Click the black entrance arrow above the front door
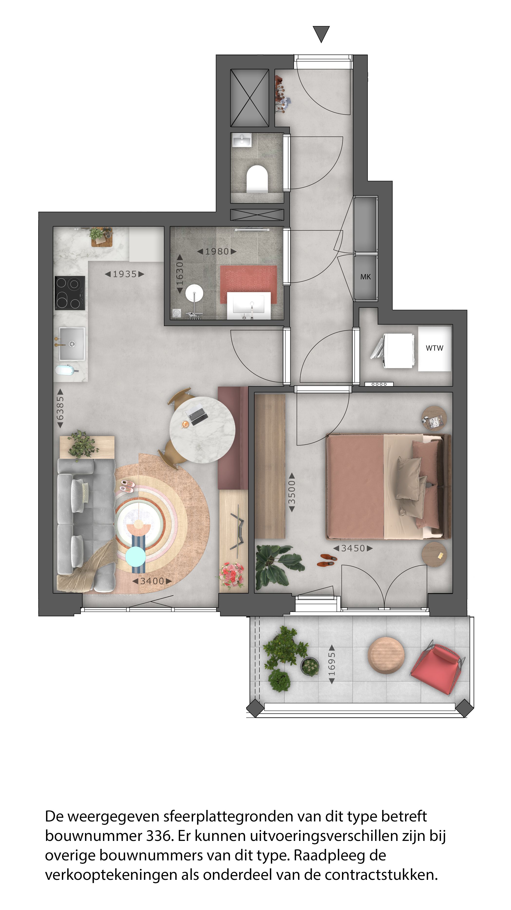pyautogui.click(x=321, y=34)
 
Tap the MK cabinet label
pyautogui.click(x=365, y=277)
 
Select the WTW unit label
pyautogui.click(x=434, y=348)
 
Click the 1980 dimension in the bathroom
pyautogui.click(x=217, y=252)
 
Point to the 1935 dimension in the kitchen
pyautogui.click(x=124, y=274)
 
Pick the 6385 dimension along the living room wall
pyautogui.click(x=60, y=408)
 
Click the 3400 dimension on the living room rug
pyautogui.click(x=152, y=581)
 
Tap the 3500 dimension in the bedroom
pyautogui.click(x=292, y=492)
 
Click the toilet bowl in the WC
pyautogui.click(x=257, y=178)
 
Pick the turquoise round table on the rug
pyautogui.click(x=135, y=556)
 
